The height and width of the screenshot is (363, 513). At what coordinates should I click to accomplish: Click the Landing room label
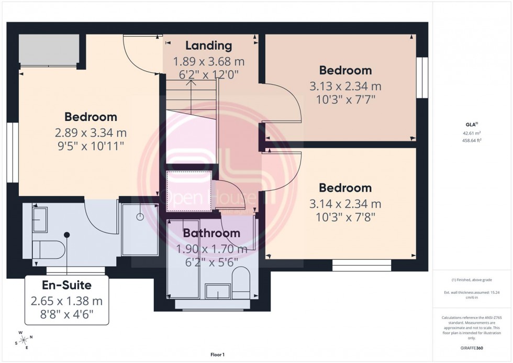coord(209,46)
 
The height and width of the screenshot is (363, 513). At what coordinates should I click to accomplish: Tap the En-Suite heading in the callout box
coord(66,285)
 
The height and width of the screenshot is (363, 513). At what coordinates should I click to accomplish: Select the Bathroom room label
coord(211,233)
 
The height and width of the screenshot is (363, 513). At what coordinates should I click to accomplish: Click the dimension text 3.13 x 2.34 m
coord(345,86)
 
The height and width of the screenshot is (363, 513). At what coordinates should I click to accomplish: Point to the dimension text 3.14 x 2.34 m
coord(345,203)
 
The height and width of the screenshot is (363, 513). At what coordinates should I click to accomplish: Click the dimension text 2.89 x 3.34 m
coord(91,133)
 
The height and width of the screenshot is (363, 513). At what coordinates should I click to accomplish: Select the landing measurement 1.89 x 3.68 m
coord(209,62)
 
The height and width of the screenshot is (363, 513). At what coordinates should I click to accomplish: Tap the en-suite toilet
coord(49,249)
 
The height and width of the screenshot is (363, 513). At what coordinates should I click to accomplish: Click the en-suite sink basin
coord(40,219)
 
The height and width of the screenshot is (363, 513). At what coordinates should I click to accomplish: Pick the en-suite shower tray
coord(140,229)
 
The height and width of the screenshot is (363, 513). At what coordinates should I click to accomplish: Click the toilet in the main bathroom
coord(241,281)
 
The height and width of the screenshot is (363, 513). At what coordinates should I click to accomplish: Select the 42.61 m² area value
coord(472,133)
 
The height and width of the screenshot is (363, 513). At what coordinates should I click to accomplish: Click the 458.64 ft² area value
coord(472,140)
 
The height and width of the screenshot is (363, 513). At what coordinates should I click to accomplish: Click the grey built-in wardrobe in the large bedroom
coord(49,50)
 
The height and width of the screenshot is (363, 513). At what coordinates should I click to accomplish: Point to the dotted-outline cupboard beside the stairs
coord(189,191)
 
